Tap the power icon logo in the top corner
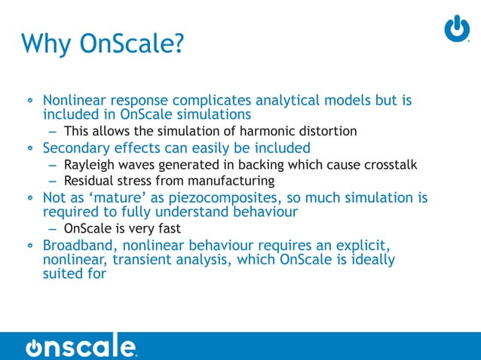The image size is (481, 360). click(x=456, y=28)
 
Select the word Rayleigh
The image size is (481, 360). click(x=88, y=164)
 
